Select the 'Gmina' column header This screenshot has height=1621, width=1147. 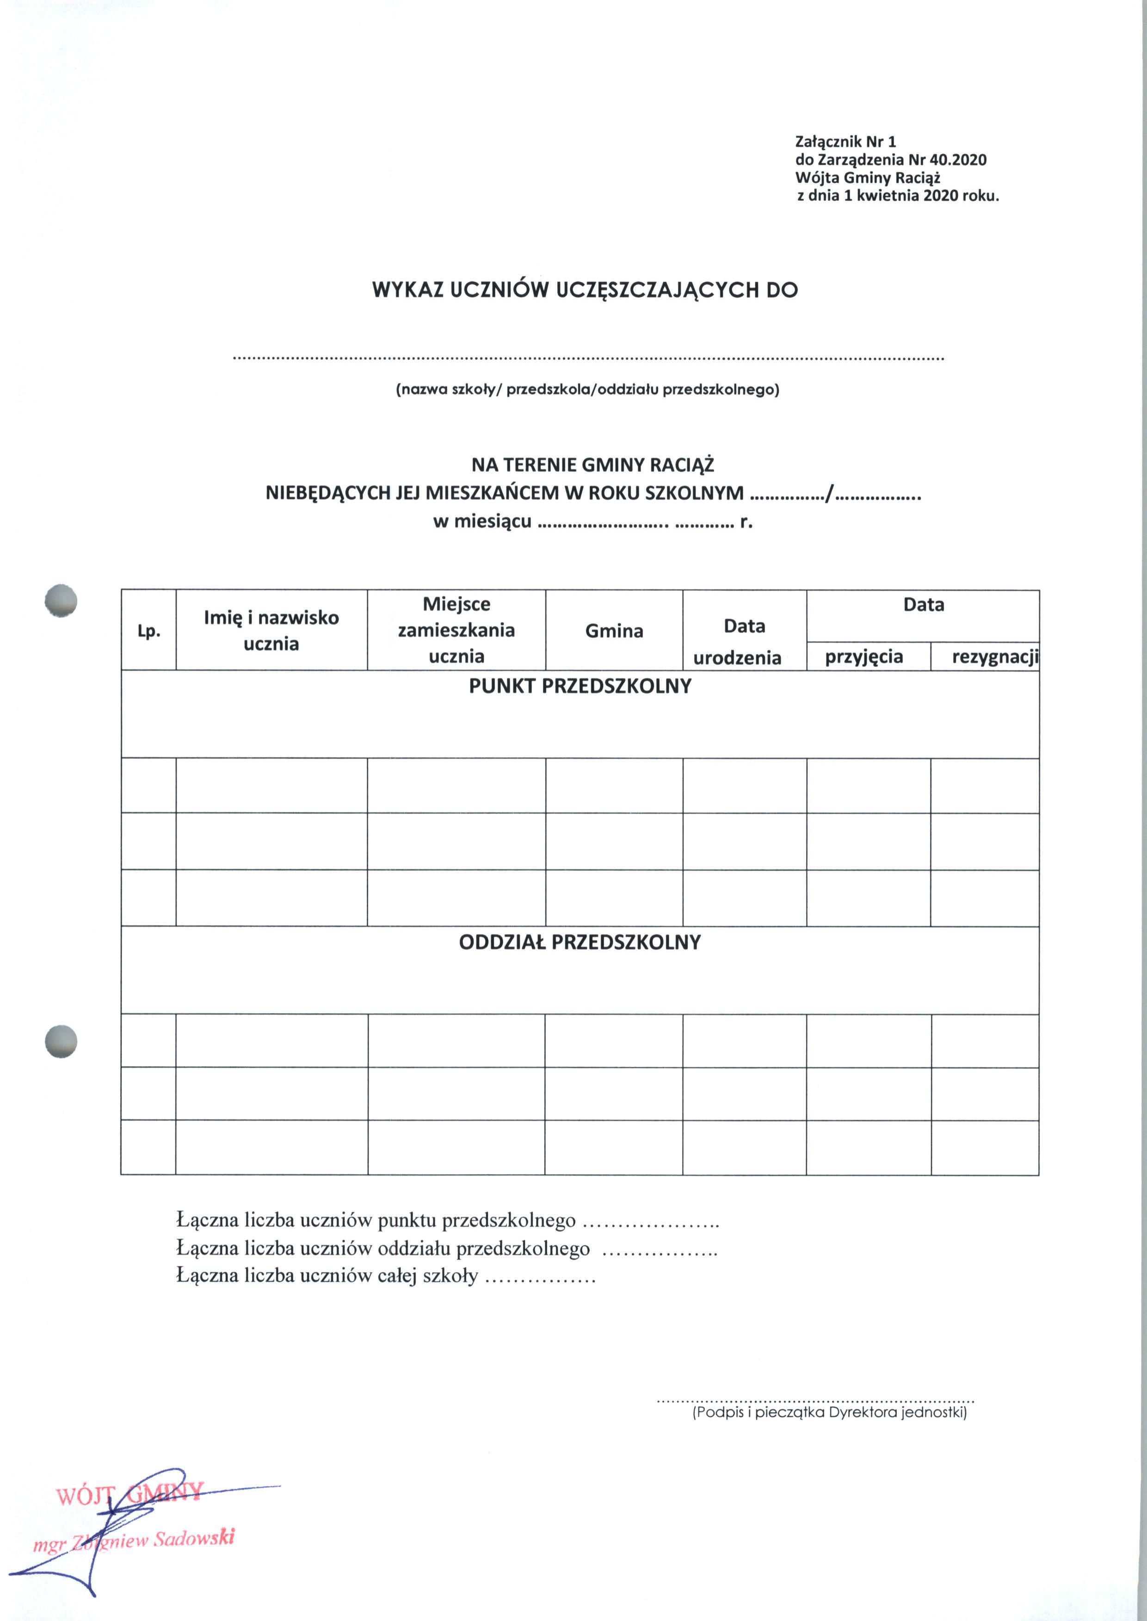614,631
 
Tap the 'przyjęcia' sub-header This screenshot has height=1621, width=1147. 864,656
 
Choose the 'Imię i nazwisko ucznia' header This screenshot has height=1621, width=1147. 271,630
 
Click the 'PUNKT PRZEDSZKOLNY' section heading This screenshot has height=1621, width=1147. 580,686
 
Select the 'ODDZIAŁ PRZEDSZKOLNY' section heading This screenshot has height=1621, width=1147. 580,942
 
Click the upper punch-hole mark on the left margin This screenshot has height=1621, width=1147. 60,602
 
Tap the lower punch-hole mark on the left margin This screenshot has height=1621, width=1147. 60,1041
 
